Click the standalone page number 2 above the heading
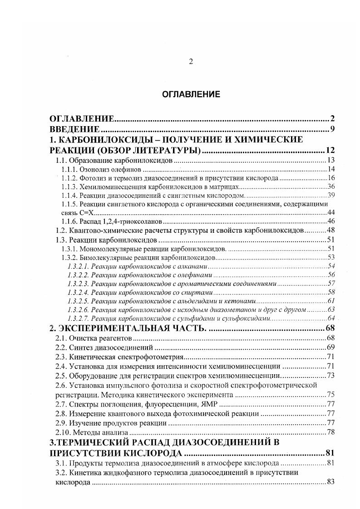tap(191, 62)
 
